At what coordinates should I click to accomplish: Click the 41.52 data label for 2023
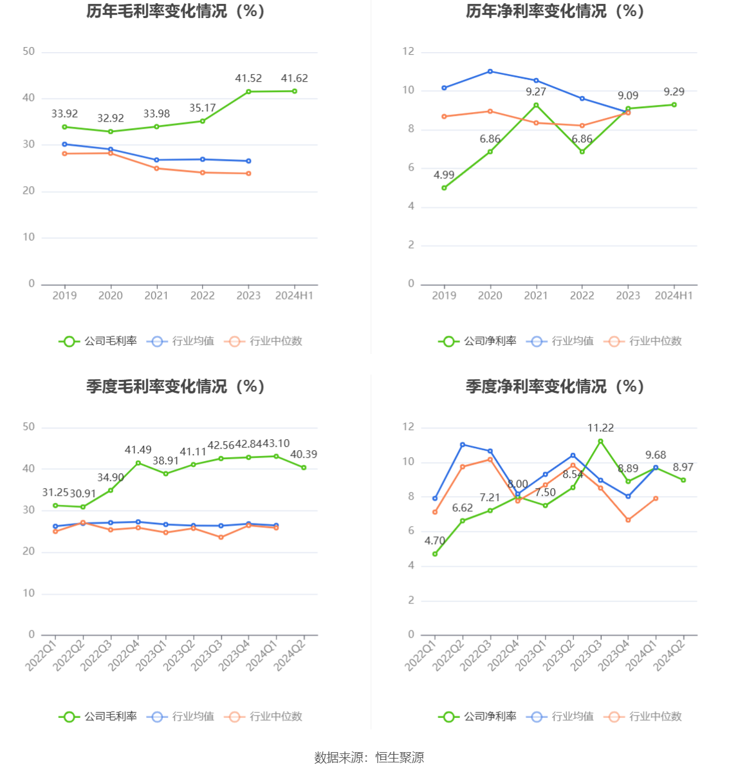[x=248, y=79]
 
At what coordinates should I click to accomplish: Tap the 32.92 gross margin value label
[x=111, y=118]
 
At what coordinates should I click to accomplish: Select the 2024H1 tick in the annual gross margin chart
[x=294, y=296]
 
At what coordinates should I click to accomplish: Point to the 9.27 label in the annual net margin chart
[x=536, y=92]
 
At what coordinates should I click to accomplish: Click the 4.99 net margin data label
[x=444, y=175]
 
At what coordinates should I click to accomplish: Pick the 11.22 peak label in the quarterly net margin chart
[x=600, y=428]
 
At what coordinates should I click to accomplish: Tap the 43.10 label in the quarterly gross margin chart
[x=277, y=444]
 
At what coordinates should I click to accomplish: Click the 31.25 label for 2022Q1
[x=55, y=493]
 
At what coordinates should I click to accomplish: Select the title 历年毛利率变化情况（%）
[x=176, y=12]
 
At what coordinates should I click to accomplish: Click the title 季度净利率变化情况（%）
[x=555, y=386]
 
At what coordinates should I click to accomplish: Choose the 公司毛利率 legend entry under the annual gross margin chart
[x=98, y=341]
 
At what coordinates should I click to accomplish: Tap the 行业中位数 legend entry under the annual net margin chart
[x=643, y=341]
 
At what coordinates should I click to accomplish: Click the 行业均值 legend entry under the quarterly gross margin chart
[x=181, y=717]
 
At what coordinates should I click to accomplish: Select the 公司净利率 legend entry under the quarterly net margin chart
[x=478, y=717]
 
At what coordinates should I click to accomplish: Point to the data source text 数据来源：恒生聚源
[x=369, y=758]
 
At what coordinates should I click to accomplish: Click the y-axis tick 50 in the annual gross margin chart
[x=29, y=52]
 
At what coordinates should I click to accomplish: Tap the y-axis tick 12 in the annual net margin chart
[x=409, y=52]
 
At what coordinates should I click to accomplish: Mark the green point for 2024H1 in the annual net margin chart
[x=674, y=104]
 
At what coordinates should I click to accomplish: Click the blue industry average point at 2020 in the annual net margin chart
[x=490, y=71]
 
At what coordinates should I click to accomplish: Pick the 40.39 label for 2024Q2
[x=304, y=455]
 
